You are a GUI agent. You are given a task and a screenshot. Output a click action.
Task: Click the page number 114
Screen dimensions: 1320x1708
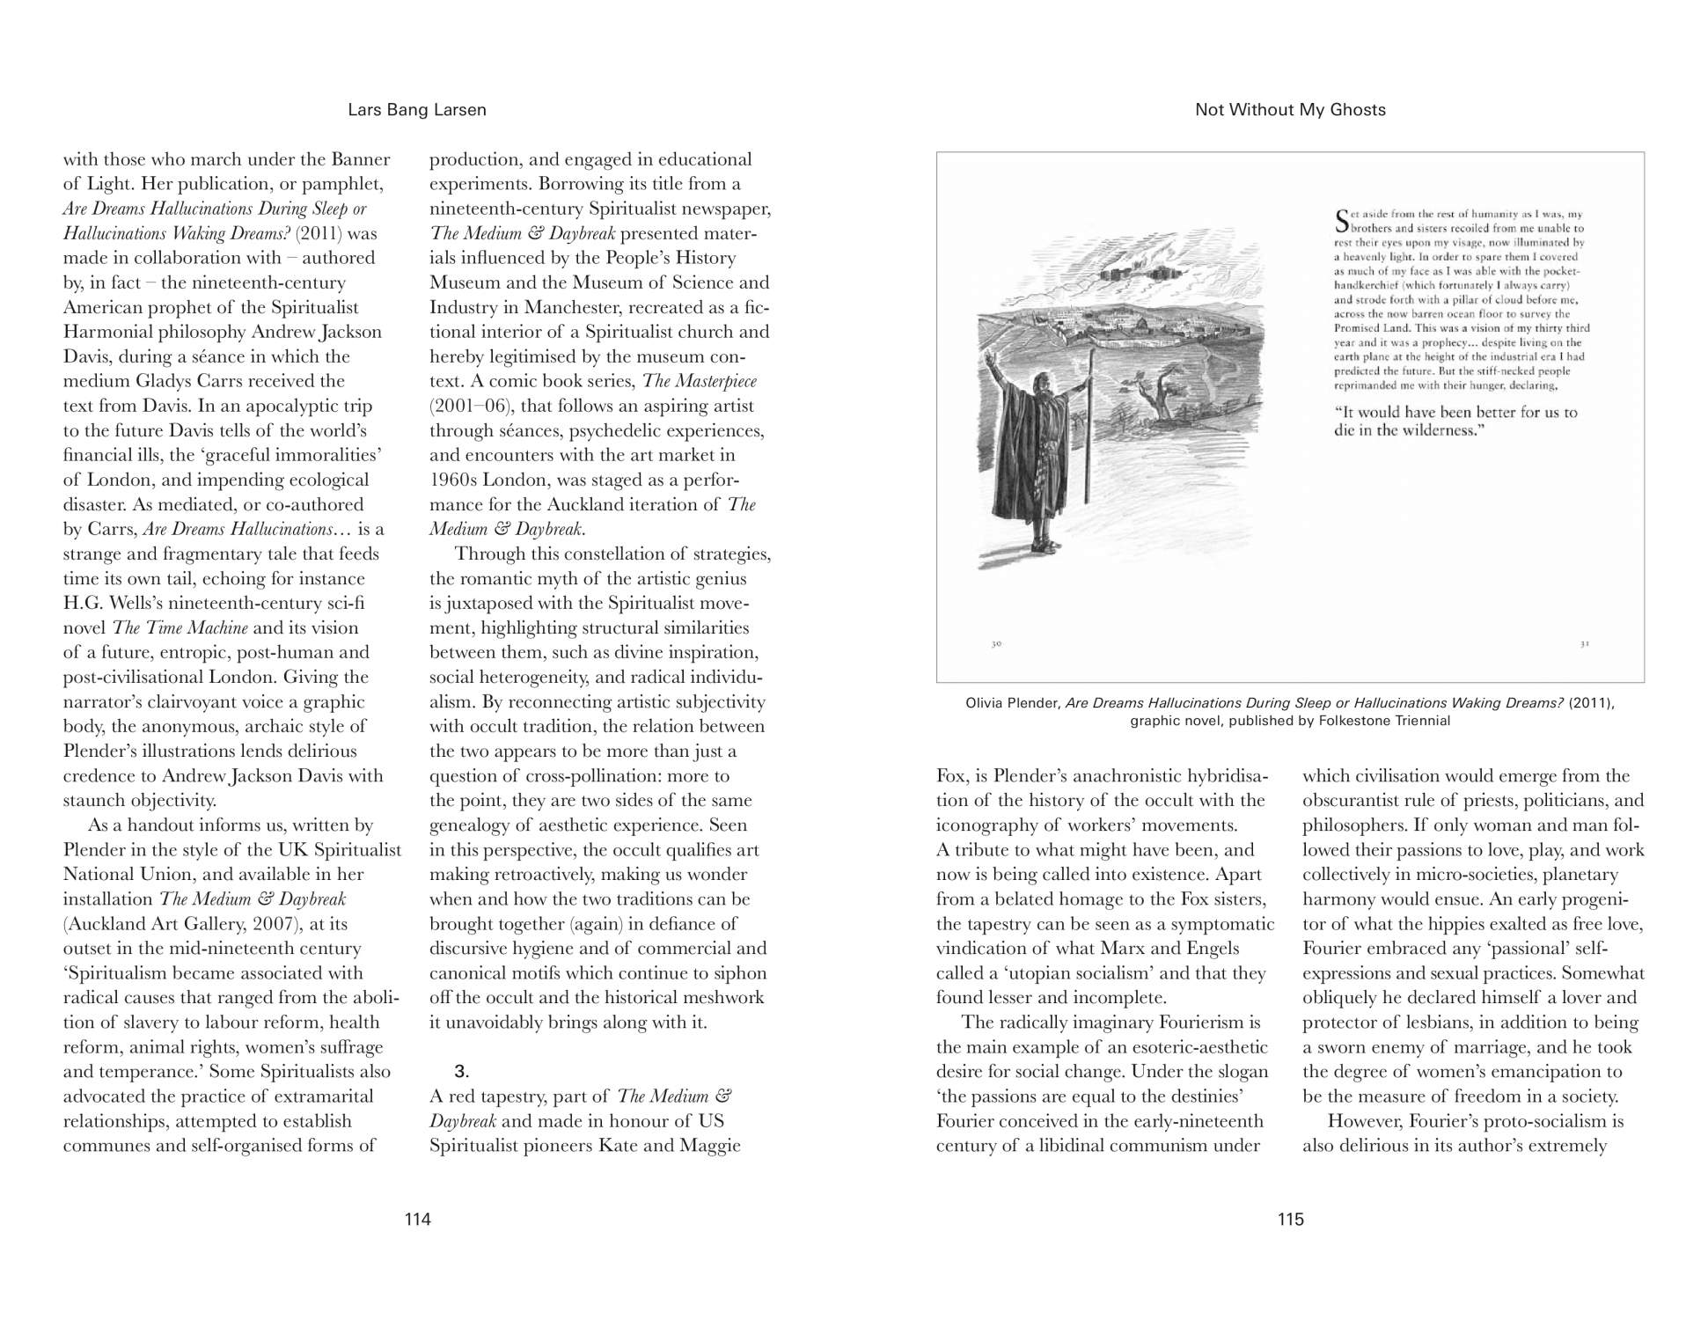417,1219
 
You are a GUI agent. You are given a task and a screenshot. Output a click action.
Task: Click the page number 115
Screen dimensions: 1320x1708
1290,1219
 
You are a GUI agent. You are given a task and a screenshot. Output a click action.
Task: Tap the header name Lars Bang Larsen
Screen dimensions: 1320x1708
417,110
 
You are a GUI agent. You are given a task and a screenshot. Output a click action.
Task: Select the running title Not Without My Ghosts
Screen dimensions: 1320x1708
1290,110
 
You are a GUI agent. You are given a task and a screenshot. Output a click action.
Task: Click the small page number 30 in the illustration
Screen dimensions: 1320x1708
996,643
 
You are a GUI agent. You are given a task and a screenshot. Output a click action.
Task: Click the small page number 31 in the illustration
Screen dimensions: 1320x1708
1584,643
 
